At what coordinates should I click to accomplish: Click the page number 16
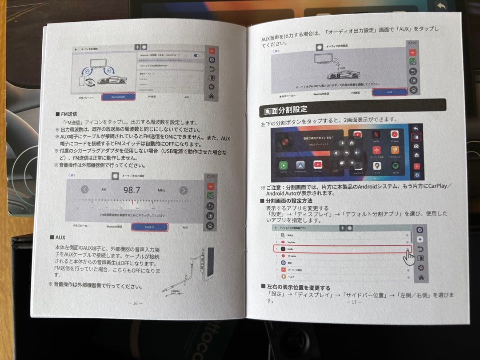[135, 303]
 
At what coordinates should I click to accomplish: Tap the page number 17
[354, 302]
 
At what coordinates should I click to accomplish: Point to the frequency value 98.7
[132, 190]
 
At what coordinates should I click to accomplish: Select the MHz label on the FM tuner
[161, 190]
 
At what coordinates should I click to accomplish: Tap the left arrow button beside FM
[85, 190]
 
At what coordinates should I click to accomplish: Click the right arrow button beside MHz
[183, 191]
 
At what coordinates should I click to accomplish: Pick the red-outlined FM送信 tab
[150, 227]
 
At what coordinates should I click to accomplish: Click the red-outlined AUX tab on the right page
[389, 92]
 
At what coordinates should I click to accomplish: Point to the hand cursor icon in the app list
[408, 258]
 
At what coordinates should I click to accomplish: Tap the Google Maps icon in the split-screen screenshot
[377, 166]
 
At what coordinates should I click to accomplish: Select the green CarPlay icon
[284, 166]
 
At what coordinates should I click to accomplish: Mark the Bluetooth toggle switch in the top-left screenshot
[196, 56]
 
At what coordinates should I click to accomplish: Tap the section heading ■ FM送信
[66, 114]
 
